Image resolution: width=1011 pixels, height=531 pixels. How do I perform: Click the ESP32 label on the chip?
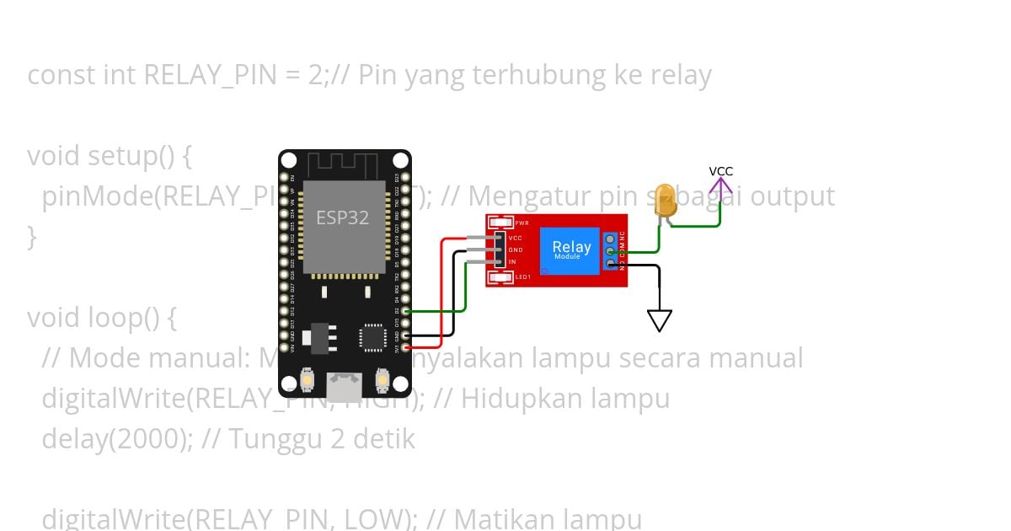[342, 217]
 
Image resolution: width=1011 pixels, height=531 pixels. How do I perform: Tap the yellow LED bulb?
[665, 201]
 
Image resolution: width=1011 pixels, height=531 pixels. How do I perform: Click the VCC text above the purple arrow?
[720, 171]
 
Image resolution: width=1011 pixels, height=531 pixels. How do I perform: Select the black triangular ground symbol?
[660, 320]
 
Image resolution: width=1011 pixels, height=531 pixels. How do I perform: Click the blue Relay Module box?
[571, 249]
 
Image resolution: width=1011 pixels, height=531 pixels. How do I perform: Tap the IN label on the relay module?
[512, 262]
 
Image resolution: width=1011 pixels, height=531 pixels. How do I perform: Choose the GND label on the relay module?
[515, 250]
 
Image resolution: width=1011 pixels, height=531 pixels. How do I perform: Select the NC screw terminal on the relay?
[610, 239]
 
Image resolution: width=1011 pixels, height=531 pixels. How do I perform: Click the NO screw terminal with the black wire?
[610, 264]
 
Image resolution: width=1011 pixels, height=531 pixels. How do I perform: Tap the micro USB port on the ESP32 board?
[345, 387]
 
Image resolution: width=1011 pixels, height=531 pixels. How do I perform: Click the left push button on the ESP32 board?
[307, 381]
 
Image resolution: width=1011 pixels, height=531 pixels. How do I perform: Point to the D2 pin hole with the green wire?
[407, 311]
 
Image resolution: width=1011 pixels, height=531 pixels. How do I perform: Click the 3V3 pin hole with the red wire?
[407, 346]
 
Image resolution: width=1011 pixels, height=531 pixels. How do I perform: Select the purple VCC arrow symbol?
[720, 185]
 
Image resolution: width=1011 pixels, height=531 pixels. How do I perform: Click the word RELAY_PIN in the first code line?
[209, 75]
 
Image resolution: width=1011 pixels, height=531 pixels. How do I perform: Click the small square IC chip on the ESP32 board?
[371, 337]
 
